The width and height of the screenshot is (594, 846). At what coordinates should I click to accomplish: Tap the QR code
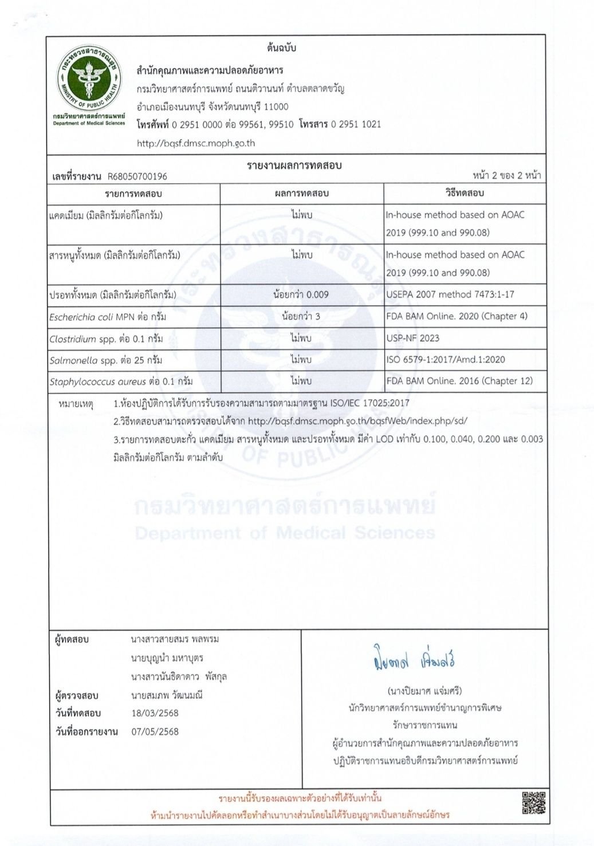pos(533,802)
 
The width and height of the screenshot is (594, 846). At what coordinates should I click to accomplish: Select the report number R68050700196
pos(137,176)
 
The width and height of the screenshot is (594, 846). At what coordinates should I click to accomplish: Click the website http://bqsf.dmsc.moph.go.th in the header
pos(196,143)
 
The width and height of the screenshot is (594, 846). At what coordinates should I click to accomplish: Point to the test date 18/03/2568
pos(155,713)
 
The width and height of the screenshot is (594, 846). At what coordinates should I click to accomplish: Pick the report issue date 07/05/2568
pos(155,731)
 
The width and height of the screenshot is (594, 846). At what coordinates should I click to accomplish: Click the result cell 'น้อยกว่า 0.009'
pos(301,294)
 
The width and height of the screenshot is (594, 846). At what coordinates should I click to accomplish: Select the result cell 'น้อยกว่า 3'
pos(301,316)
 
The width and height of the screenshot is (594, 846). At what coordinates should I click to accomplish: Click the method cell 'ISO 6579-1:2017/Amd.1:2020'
pos(445,360)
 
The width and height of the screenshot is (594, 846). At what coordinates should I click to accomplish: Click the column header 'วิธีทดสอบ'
pos(465,193)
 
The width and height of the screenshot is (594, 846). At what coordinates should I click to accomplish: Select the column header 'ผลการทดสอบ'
pos(301,193)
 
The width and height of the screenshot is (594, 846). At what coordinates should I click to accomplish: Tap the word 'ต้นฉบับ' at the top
pos(281,48)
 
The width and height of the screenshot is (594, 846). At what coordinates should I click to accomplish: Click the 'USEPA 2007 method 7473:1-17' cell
pos(450,294)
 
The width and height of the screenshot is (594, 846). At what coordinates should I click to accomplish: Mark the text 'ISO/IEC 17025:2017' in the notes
pos(369,403)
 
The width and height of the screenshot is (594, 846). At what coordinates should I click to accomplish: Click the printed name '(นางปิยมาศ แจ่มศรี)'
pos(424,691)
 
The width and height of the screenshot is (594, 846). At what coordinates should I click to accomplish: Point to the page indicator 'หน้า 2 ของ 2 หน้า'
pos(506,175)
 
